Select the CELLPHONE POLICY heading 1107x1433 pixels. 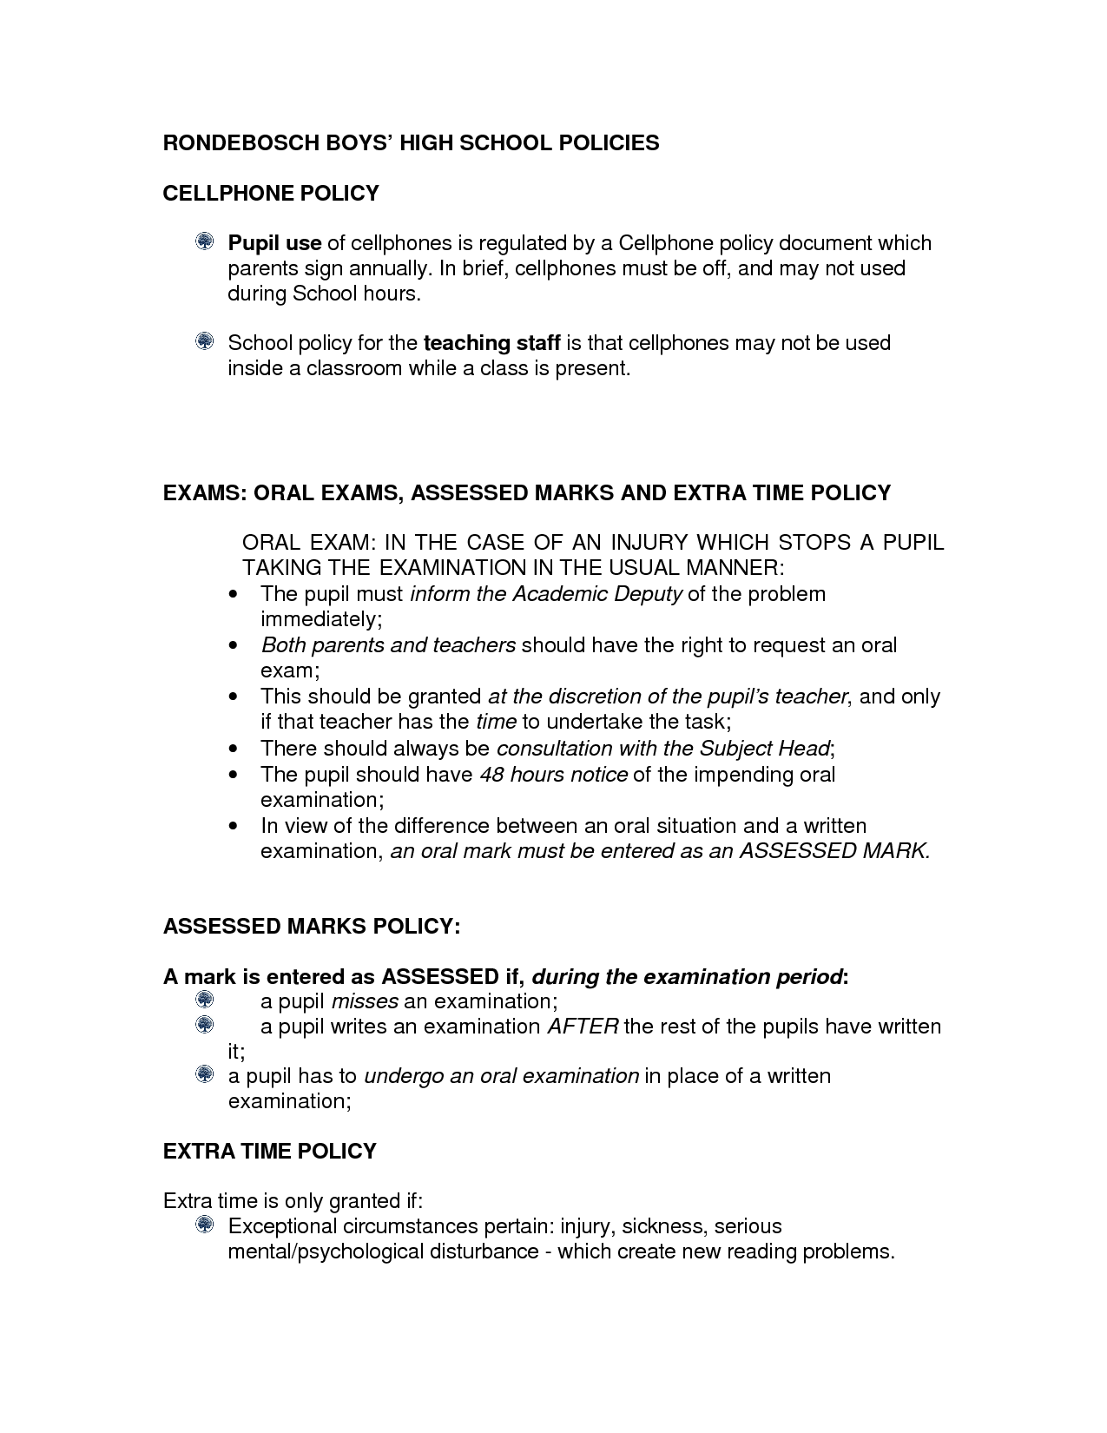coord(271,193)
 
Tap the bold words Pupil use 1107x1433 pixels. coord(274,243)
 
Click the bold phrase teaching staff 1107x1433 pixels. coord(491,343)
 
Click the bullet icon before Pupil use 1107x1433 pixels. coord(204,241)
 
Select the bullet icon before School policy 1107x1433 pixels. coord(204,341)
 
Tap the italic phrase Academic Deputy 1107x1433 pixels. coord(596,594)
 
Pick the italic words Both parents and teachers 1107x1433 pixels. coord(388,645)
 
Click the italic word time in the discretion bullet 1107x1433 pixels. coord(496,722)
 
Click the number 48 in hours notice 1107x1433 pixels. coord(491,774)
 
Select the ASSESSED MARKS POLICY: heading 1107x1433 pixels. coord(312,927)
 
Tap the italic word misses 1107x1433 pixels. coord(365,1001)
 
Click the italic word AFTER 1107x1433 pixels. coord(582,1027)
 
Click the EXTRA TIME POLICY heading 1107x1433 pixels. coord(269,1152)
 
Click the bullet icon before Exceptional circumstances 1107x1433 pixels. coord(204,1225)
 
